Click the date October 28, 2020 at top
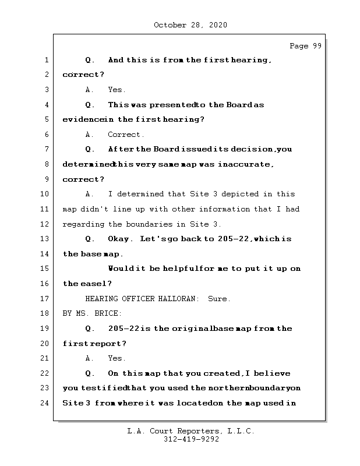[x=190, y=25]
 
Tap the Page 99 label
[x=305, y=47]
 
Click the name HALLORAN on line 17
[x=178, y=299]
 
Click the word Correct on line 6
[x=125, y=135]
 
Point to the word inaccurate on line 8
[x=245, y=164]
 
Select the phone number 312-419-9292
[x=190, y=440]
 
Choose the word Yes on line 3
[x=117, y=90]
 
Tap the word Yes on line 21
[x=117, y=358]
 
